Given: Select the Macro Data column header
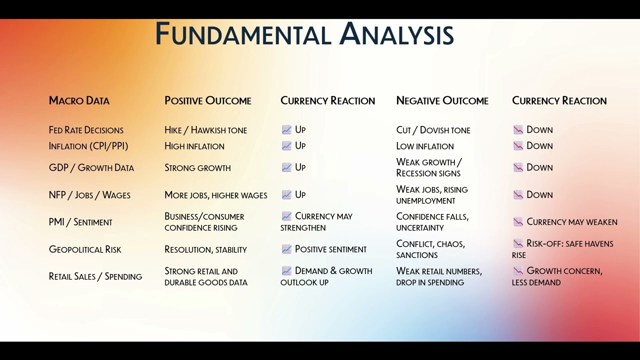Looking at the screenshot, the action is pos(79,100).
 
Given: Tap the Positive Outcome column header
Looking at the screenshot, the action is pos(207,100).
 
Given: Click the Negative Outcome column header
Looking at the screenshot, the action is pos(442,100).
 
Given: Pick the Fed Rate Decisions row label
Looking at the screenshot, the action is pos(86,130).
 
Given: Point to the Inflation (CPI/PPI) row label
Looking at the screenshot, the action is pos(88,146).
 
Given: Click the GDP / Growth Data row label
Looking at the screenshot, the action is pos(91,167).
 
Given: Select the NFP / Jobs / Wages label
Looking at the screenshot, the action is pos(89,195).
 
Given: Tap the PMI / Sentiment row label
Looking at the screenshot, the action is pos(80,222).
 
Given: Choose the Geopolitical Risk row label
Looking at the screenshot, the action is pos(85,249).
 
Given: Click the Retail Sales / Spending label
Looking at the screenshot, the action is pos(95,276).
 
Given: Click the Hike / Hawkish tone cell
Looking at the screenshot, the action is pos(205,130).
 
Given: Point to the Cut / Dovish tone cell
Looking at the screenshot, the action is pos(433,130).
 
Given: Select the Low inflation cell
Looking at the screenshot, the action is pos(425,146).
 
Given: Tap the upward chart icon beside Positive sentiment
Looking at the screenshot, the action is pos(286,249).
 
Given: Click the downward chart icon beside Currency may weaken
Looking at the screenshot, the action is pos(518,221).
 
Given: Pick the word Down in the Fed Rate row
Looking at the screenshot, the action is pos(539,129).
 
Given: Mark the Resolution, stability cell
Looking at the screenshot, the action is pos(205,249).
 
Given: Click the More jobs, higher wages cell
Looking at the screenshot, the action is pos(215,195).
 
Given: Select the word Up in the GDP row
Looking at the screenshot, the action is pos(300,167).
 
